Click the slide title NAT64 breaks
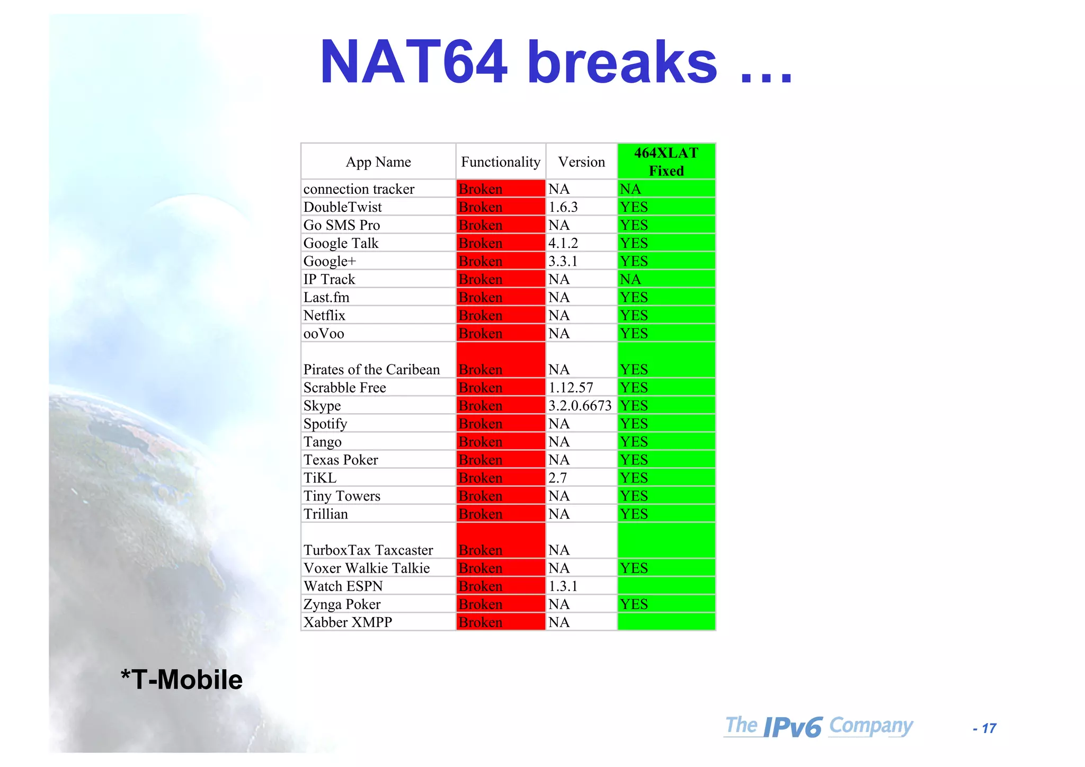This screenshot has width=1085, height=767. click(x=556, y=63)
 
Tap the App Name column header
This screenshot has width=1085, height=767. click(x=378, y=162)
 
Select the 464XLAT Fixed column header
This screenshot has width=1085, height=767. click(x=666, y=162)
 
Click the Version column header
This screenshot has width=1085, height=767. click(x=581, y=162)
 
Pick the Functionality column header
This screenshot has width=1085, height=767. click(x=501, y=162)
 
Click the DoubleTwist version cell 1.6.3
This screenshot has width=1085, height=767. click(x=563, y=207)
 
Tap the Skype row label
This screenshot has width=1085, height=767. click(x=322, y=406)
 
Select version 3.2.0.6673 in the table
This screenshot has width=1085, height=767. click(x=580, y=406)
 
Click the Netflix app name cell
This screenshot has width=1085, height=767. click(x=324, y=316)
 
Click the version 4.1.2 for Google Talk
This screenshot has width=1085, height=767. click(x=563, y=243)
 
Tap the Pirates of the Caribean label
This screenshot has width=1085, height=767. click(x=371, y=369)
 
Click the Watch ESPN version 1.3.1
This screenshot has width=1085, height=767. click(x=563, y=586)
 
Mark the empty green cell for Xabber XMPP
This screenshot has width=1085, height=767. click(x=666, y=622)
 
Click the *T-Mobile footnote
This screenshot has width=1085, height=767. click(x=182, y=680)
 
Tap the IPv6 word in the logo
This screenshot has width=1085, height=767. click(x=793, y=727)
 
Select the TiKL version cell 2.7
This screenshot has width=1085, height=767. click(x=558, y=478)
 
